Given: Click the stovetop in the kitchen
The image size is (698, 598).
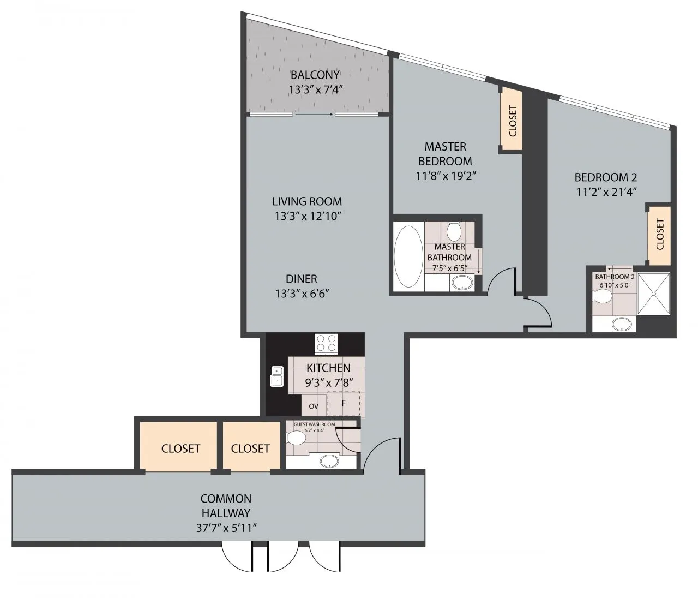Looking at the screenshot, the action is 326,344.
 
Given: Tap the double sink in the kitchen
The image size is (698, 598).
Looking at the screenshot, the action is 276,376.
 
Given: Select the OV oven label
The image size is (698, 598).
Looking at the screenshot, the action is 314,406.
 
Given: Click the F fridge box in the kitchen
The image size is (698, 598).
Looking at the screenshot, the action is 344,403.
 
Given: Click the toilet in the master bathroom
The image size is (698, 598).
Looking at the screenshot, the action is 454,231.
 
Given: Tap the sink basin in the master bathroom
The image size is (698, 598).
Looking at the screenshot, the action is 462,283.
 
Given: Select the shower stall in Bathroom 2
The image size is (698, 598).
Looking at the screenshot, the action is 653,294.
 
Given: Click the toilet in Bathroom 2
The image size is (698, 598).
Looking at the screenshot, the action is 603,297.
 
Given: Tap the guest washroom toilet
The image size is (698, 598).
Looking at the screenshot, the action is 296,438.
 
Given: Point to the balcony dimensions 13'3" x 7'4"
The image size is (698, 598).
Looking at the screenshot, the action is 316,89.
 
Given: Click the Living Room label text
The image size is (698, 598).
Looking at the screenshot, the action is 307,201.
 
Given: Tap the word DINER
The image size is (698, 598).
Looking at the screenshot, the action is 302,279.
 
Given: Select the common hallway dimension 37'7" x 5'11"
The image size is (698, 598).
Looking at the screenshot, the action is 227,528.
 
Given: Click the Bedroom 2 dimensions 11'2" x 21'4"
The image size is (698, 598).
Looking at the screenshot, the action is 606,192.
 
